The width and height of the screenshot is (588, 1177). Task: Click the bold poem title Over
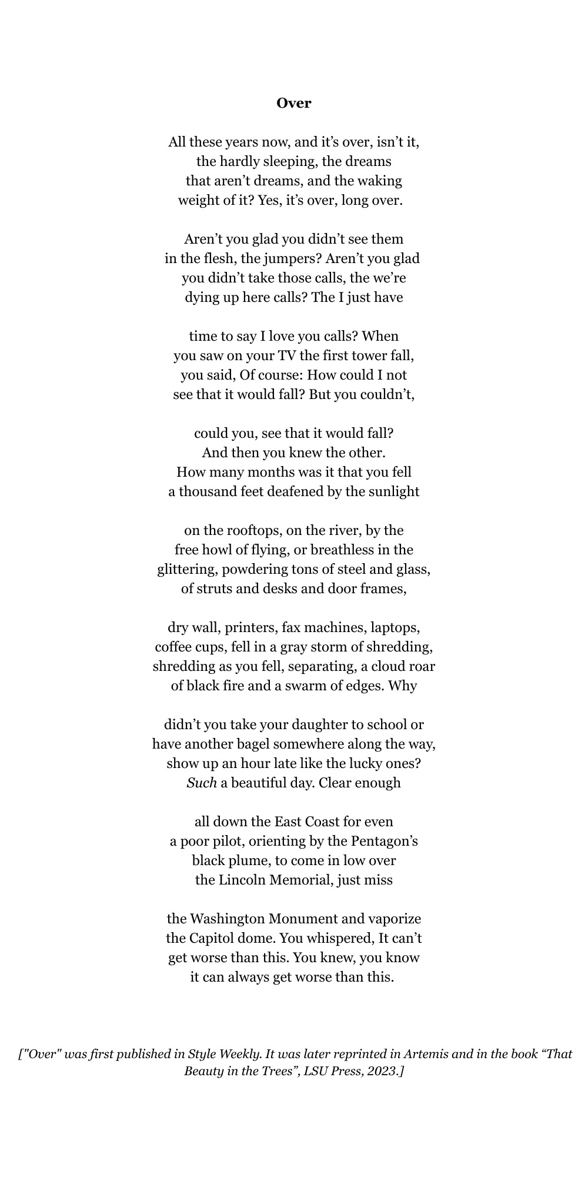(294, 104)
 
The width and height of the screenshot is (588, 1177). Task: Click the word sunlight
(394, 492)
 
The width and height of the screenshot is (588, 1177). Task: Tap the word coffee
(173, 647)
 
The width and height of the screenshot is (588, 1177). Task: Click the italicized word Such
(202, 783)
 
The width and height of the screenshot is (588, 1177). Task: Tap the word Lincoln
(246, 880)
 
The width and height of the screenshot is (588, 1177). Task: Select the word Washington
(228, 919)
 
